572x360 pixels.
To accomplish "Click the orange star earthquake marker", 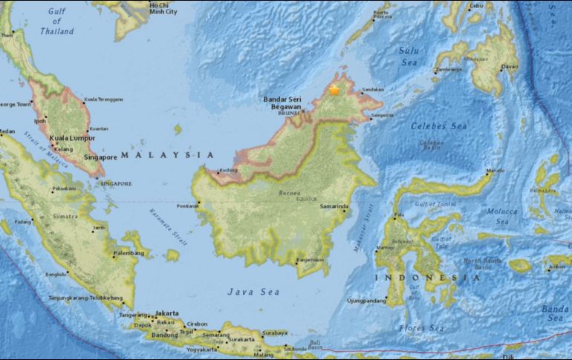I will click(334, 89).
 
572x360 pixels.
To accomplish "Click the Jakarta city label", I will click(170, 314).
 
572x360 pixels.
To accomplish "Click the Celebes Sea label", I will click(440, 126).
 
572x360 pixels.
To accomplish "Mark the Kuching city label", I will click(229, 170).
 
